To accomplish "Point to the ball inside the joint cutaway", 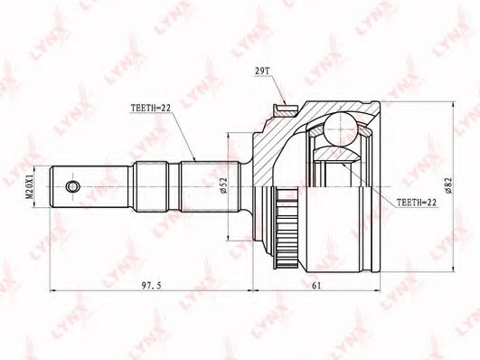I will (x=341, y=126).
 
